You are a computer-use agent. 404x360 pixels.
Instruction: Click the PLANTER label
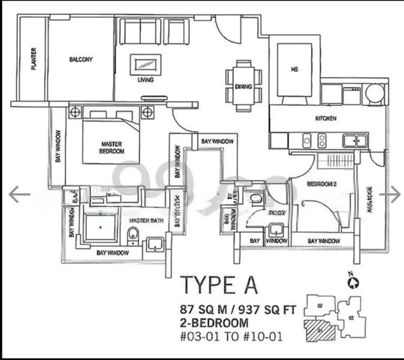[x=34, y=59]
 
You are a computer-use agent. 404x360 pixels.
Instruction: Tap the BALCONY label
[x=80, y=59]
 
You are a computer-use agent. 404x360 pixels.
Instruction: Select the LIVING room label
[x=146, y=80]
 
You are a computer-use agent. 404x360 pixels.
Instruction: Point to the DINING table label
[x=243, y=86]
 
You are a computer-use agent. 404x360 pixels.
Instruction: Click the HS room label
[x=294, y=70]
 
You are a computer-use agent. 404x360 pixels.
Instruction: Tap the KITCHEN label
[x=324, y=118]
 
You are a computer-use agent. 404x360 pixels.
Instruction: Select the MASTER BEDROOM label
[x=112, y=148]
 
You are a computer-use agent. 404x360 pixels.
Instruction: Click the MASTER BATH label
[x=143, y=221]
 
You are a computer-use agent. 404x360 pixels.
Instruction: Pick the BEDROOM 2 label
[x=320, y=184]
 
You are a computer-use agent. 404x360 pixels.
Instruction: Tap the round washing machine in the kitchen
[x=375, y=94]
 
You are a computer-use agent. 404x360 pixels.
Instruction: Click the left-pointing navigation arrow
[x=20, y=194]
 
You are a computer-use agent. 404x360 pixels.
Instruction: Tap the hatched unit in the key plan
[x=319, y=329]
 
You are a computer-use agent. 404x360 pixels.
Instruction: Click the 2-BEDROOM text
[x=214, y=323]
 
